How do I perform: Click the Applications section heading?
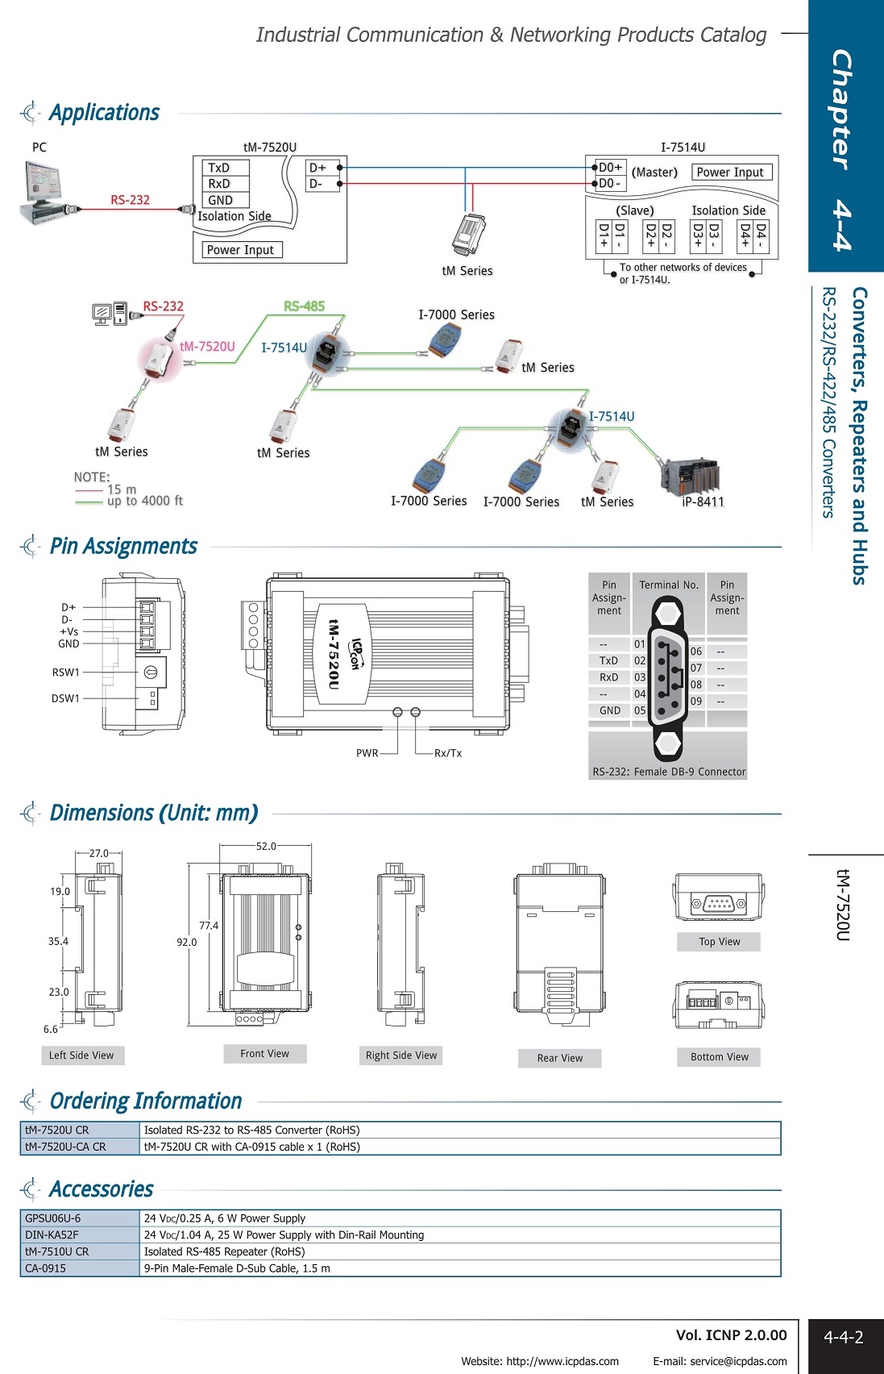(104, 113)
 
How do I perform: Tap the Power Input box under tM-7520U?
(240, 250)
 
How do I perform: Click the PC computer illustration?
(46, 193)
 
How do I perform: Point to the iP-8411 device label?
(703, 502)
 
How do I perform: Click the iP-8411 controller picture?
(689, 476)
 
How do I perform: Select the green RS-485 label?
(304, 306)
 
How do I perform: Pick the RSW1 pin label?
(66, 672)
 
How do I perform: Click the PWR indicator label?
(367, 753)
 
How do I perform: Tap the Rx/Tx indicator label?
(448, 753)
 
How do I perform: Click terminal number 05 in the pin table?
(640, 710)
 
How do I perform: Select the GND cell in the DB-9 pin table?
(610, 710)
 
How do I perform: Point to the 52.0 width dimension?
(266, 846)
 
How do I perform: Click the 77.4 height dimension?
(209, 926)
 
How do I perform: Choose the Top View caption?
(719, 942)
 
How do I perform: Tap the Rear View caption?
(559, 1058)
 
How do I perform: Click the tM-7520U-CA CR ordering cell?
(65, 1147)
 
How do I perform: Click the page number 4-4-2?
(843, 1337)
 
